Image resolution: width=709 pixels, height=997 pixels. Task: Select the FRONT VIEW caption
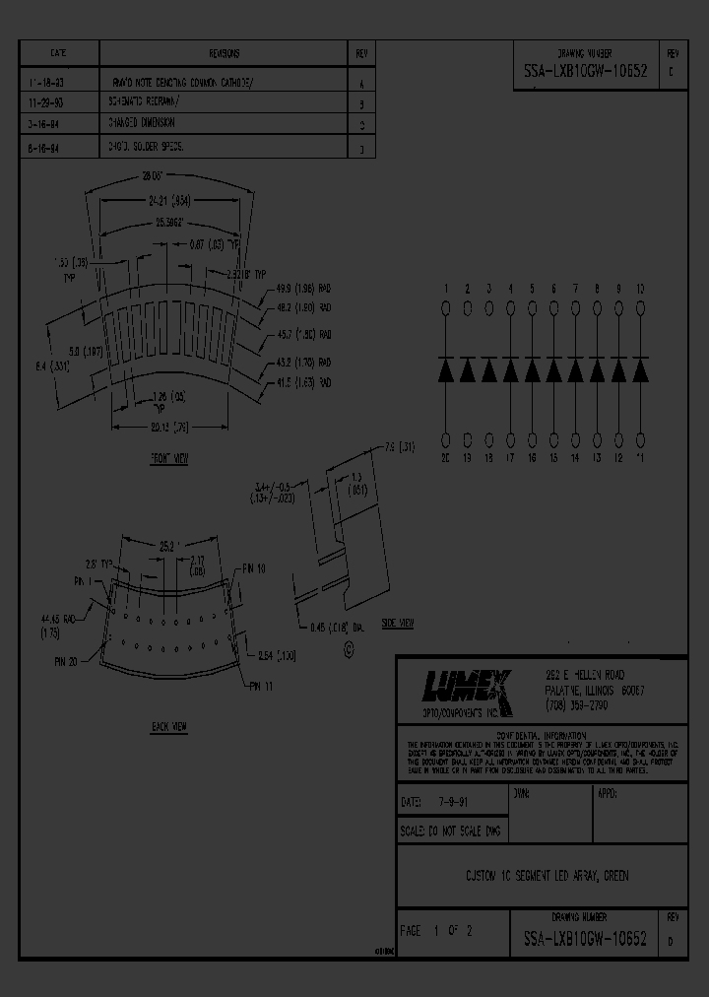tap(168, 459)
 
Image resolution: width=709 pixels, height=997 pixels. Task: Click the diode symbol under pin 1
tap(445, 371)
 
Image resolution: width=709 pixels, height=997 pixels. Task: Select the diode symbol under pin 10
tap(641, 371)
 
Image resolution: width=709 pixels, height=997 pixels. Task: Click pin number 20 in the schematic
tap(445, 458)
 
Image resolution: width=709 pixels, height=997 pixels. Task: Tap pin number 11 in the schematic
tap(641, 458)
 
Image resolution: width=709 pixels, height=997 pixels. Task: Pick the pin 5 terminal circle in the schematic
tap(533, 309)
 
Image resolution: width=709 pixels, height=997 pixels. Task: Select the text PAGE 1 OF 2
tap(437, 930)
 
